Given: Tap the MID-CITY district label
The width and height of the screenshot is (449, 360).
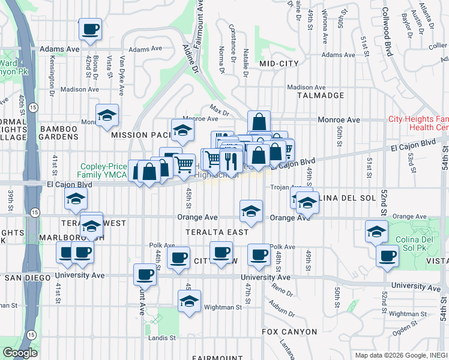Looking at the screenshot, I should click(x=279, y=63).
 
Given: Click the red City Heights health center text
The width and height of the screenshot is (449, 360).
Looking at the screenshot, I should click(x=419, y=123).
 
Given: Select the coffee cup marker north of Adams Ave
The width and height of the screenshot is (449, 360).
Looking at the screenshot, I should click(x=89, y=29).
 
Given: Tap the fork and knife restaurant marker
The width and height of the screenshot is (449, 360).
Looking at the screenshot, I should click(x=231, y=160).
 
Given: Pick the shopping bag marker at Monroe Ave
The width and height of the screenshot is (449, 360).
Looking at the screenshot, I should click(x=259, y=122).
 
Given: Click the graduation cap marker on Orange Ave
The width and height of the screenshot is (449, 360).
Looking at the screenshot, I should click(x=252, y=211).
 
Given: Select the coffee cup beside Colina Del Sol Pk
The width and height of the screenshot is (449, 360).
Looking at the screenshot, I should click(x=388, y=256).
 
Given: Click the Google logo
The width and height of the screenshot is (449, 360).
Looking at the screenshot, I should click(x=20, y=353).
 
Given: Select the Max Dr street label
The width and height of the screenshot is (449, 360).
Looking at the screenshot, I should click(x=220, y=110).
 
